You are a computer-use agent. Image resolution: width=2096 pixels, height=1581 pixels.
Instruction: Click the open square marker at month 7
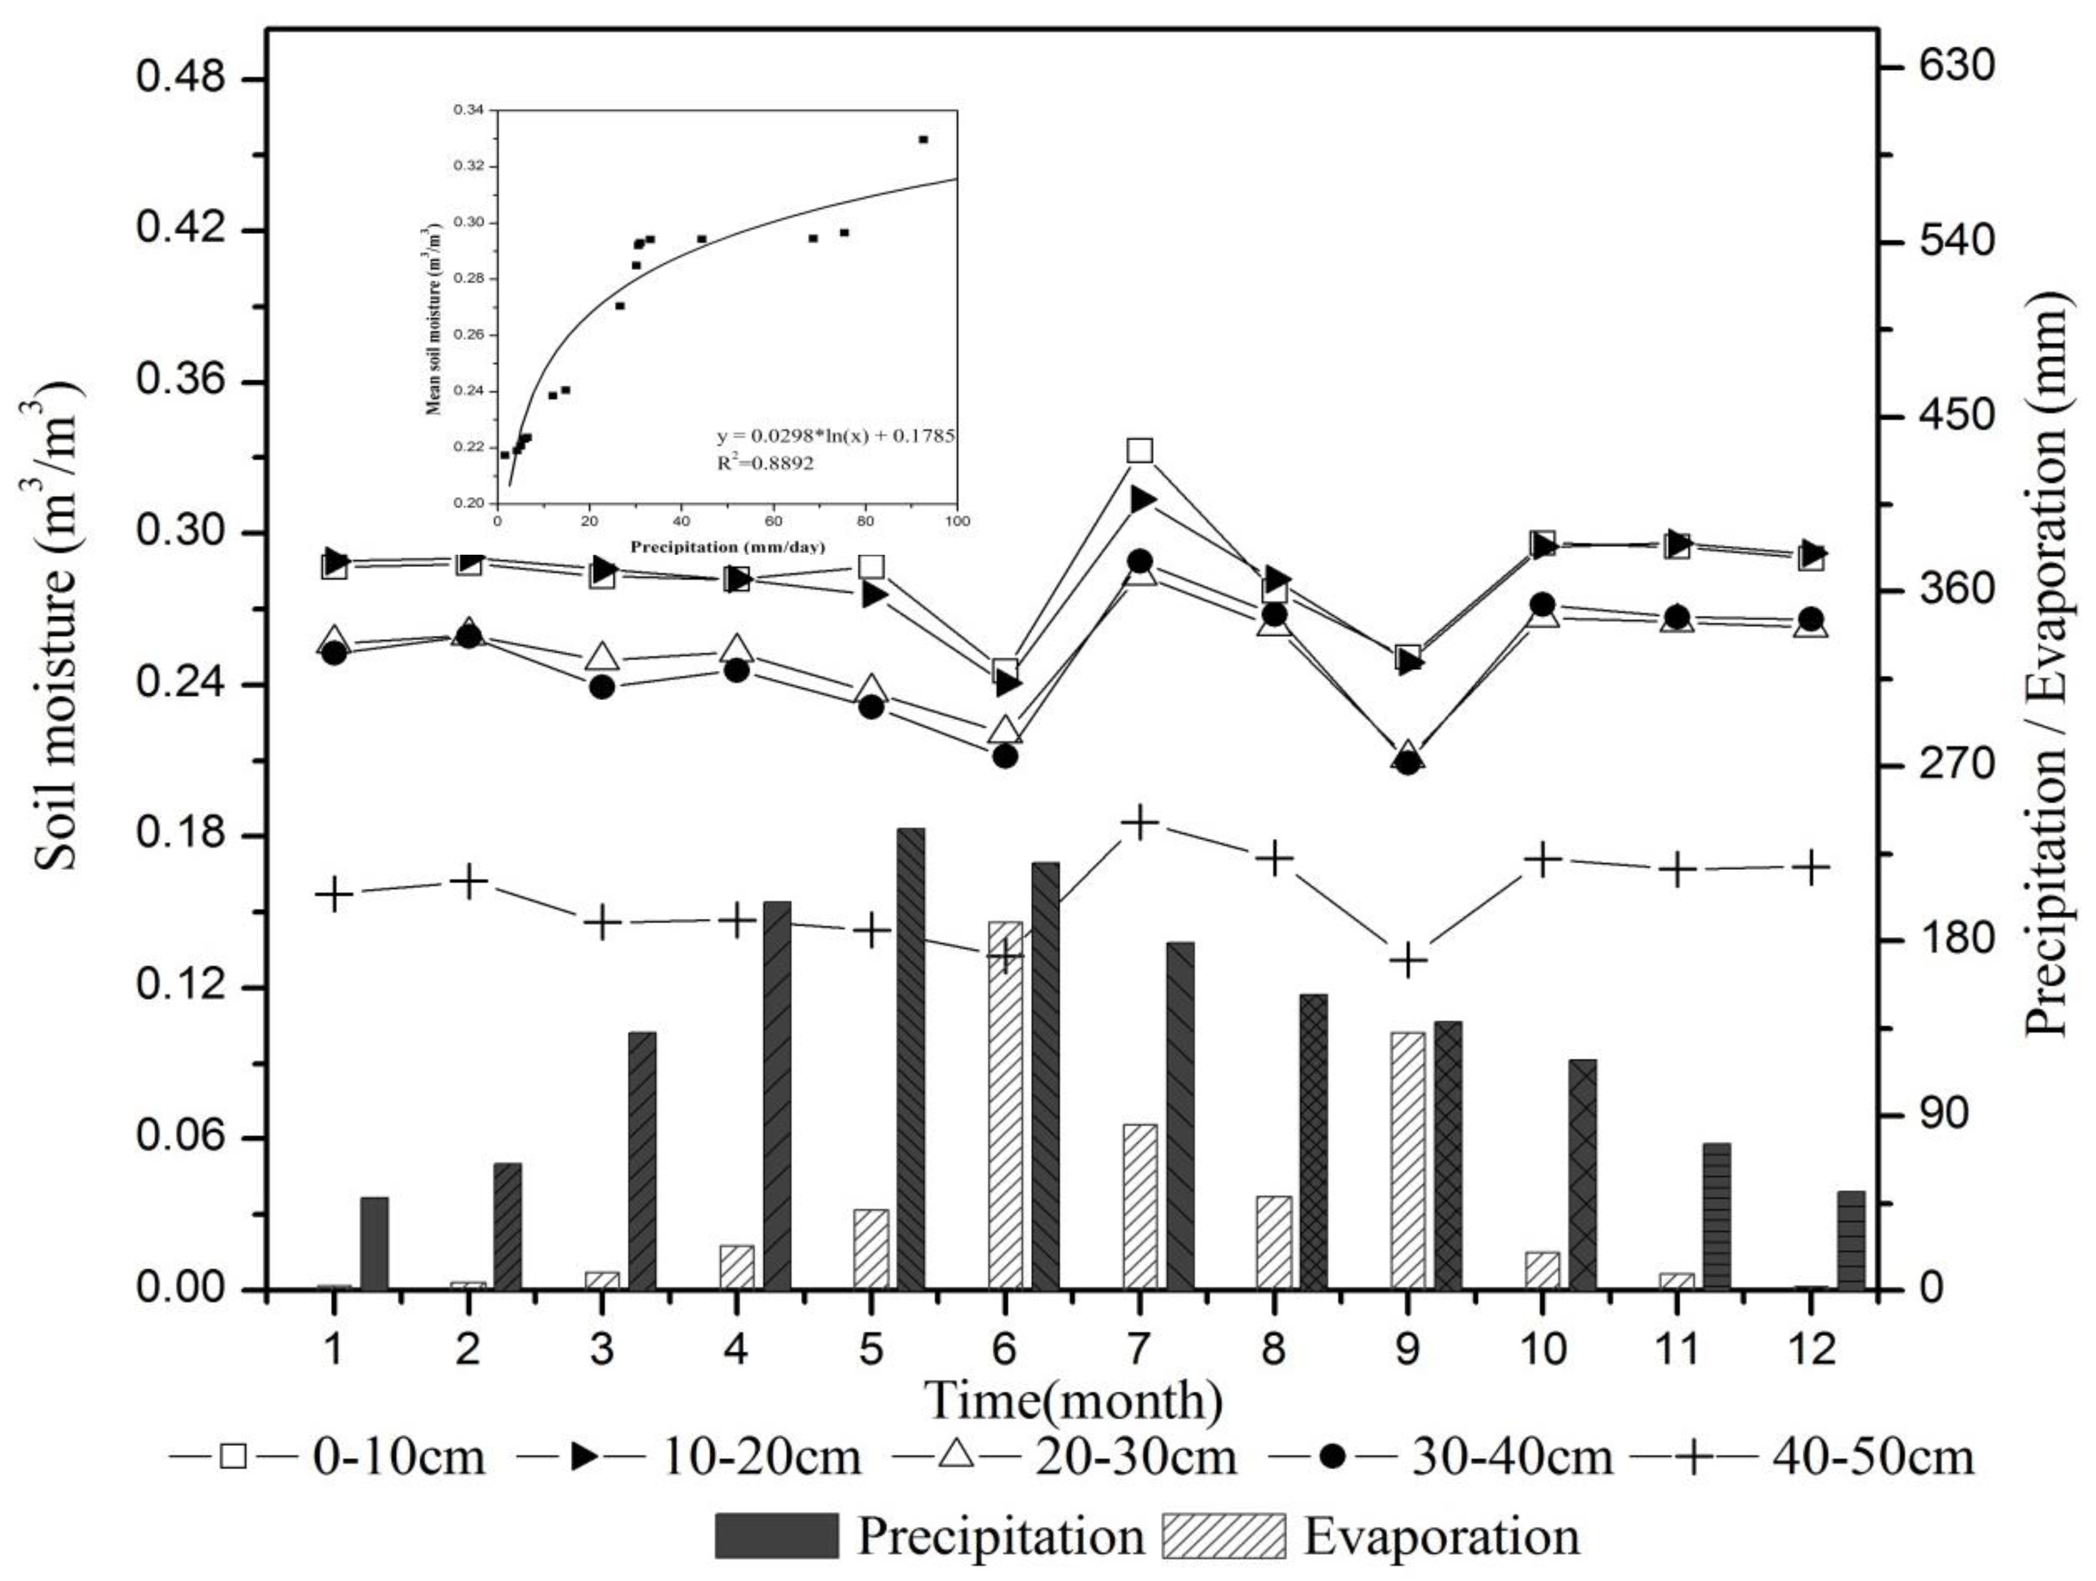tap(1140, 450)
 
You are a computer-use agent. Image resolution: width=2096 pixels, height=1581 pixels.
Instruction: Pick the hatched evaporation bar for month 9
tap(1408, 1161)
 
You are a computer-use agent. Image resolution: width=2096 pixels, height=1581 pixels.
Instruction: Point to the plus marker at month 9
tap(1408, 960)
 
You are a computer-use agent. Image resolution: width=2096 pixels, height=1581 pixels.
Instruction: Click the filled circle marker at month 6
tap(1005, 756)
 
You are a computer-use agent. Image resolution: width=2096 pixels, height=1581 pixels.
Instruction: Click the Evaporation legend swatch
tap(1223, 1536)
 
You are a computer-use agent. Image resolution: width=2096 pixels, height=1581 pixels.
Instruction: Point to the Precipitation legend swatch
tap(777, 1536)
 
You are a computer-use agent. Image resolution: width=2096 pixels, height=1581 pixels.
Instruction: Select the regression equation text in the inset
tap(835, 437)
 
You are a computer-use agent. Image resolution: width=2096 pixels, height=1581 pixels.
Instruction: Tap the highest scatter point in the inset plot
tap(923, 139)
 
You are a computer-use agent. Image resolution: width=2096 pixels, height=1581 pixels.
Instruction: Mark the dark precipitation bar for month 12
tap(1850, 1240)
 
